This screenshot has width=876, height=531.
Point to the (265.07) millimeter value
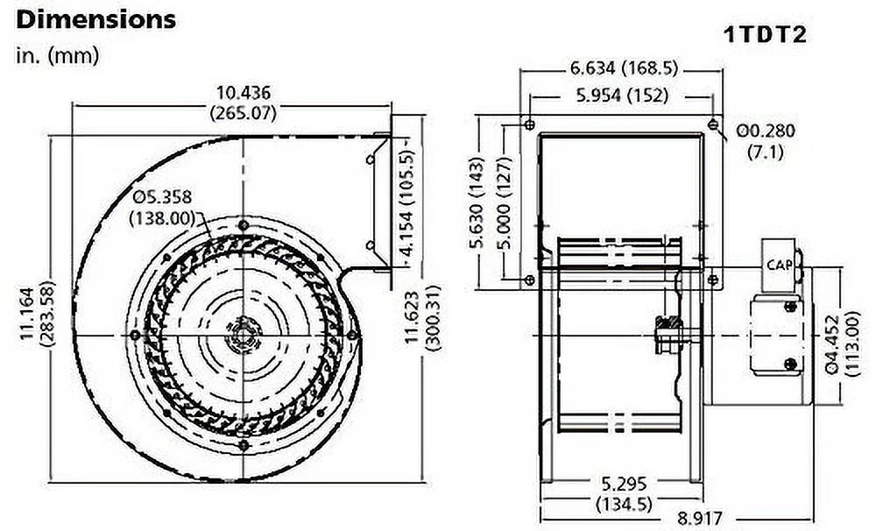point(244,112)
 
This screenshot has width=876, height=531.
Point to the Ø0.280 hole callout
point(766,131)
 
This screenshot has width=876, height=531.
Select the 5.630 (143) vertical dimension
point(478,202)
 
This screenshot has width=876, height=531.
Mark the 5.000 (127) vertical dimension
point(505,202)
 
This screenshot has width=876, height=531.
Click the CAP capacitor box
point(779,263)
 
